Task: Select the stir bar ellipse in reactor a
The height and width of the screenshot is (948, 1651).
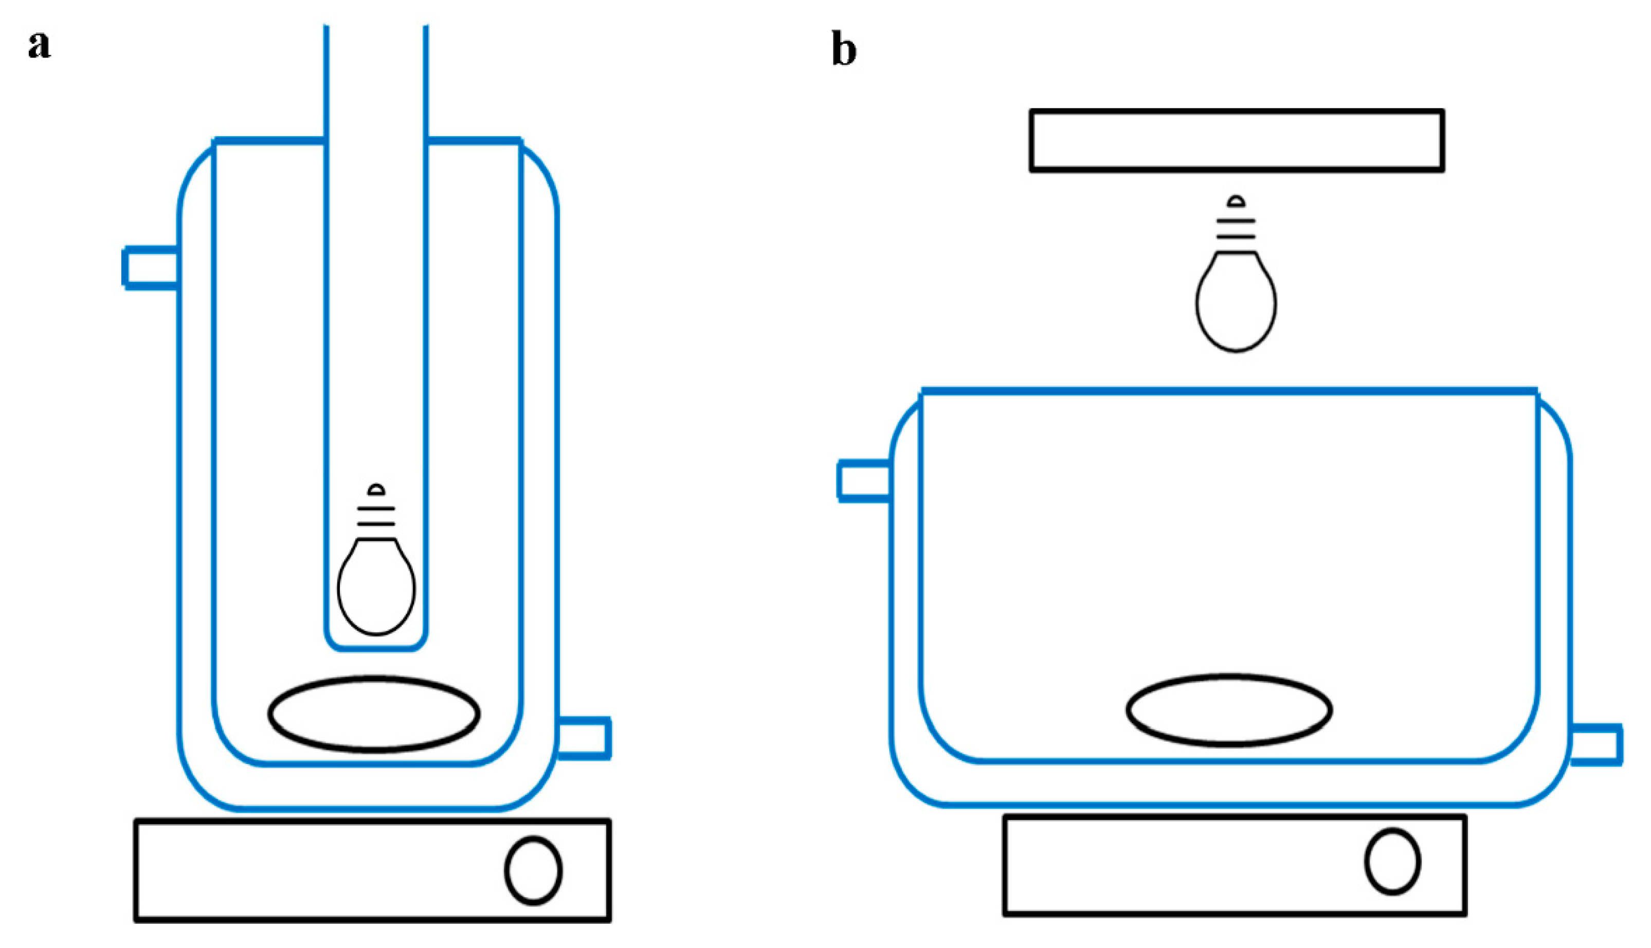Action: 374,714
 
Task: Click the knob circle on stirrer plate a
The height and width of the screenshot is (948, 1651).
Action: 533,870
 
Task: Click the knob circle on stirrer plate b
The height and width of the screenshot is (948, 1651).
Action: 1392,862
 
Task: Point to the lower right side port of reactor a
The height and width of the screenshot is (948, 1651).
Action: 584,738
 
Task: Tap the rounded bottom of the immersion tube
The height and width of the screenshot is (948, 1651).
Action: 376,648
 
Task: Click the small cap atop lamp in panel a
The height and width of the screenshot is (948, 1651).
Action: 376,489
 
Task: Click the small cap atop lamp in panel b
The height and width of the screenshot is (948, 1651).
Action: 1236,201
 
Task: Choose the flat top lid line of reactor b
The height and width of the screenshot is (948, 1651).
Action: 1229,391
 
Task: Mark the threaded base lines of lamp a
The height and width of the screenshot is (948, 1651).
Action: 376,516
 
